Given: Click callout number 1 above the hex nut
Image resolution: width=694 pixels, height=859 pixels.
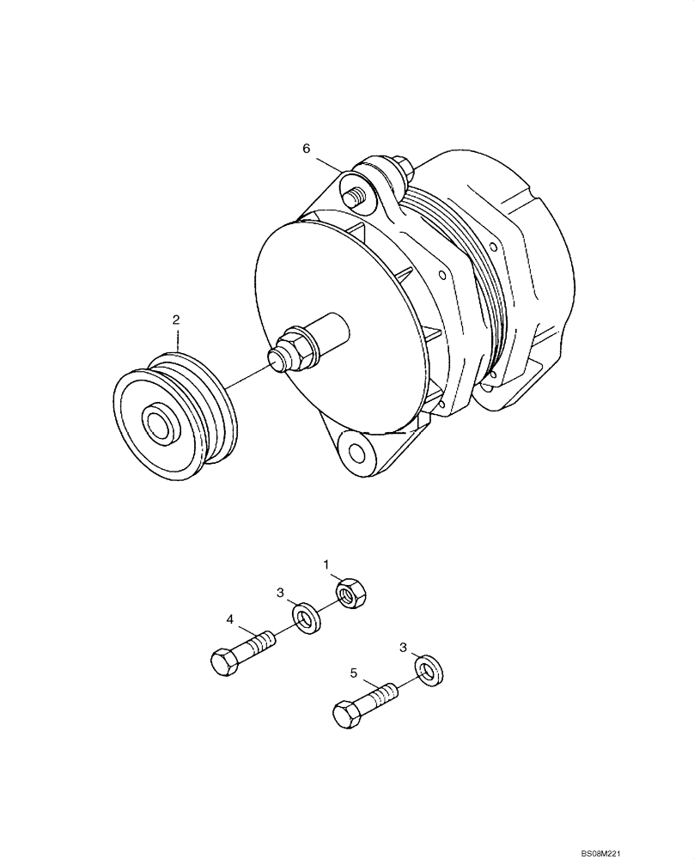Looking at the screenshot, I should [x=327, y=564].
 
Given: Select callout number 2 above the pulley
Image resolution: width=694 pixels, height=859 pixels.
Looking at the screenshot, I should [x=176, y=320].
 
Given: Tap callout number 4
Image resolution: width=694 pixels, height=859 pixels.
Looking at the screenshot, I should [x=229, y=618].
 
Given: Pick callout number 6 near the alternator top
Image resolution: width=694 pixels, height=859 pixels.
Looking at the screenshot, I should [x=306, y=149].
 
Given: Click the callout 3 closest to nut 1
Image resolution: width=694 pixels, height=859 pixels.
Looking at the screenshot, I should [x=279, y=593].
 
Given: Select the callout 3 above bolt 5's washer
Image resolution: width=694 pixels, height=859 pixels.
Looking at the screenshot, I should [x=403, y=646].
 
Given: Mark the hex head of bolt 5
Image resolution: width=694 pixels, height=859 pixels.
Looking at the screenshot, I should [x=344, y=713].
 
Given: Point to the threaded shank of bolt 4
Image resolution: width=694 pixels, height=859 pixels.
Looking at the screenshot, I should [x=259, y=640].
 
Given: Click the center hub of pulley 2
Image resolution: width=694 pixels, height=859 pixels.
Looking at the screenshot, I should [x=159, y=423].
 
